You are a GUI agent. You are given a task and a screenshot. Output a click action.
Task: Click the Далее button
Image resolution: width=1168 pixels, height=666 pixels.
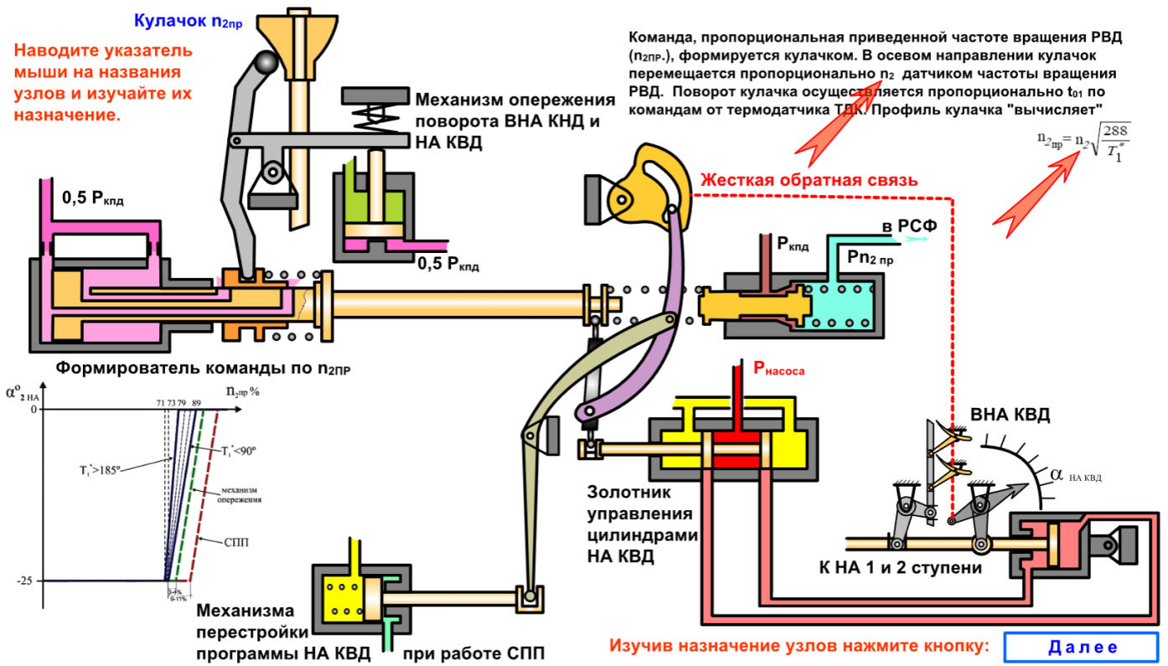(x=1082, y=646)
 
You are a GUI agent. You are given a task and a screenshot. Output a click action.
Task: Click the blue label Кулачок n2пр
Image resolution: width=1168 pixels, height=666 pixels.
(x=188, y=21)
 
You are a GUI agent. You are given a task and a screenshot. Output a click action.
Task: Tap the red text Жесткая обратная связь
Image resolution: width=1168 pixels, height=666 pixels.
(x=809, y=180)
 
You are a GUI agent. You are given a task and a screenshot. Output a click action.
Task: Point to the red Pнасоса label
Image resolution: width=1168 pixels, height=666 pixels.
(x=778, y=367)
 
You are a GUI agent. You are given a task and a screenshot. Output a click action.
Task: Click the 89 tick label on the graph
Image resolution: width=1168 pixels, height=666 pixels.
(x=196, y=403)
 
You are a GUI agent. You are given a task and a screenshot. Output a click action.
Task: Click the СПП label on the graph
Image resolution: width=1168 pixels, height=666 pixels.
(x=235, y=542)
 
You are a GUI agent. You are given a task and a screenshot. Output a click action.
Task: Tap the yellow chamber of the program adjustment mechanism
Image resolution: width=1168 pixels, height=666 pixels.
(x=343, y=597)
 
